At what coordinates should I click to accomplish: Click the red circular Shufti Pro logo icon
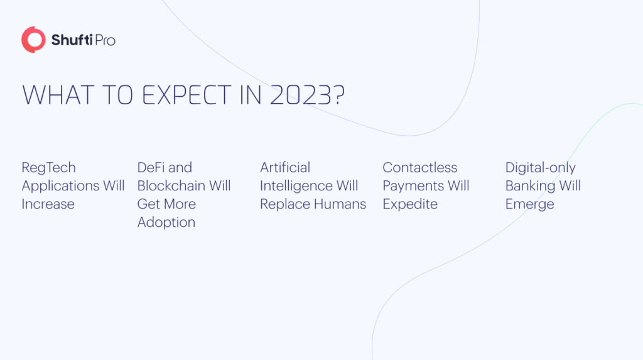click(x=33, y=40)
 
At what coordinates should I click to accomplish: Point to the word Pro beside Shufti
click(x=104, y=41)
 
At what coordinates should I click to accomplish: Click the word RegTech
click(x=48, y=168)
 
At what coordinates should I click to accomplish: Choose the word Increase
click(x=48, y=204)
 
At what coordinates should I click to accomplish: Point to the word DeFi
click(x=151, y=168)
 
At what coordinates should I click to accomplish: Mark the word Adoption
click(x=166, y=222)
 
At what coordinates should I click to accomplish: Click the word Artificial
click(x=285, y=168)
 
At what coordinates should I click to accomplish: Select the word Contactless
click(x=419, y=168)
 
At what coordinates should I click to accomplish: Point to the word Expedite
click(x=410, y=204)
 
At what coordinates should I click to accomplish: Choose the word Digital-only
click(x=540, y=168)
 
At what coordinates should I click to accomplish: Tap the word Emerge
click(x=529, y=204)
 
